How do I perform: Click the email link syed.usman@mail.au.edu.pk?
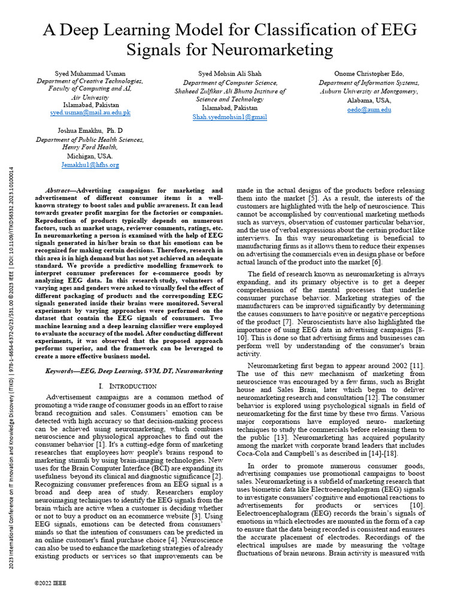90,113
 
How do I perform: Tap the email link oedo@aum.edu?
369,110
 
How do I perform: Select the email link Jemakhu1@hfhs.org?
90,165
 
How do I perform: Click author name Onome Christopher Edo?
369,74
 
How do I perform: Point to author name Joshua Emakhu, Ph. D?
90,130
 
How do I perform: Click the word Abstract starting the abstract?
60,190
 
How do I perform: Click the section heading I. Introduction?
130,387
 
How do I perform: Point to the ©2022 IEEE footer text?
50,582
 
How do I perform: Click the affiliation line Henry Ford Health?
90,147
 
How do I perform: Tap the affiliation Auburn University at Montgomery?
369,92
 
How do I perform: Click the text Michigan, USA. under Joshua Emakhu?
90,156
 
